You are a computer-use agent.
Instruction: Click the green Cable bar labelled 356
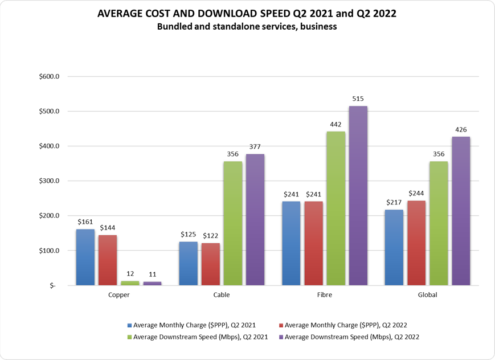(x=233, y=223)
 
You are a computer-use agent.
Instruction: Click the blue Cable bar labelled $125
(x=189, y=263)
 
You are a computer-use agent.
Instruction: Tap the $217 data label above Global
(x=394, y=203)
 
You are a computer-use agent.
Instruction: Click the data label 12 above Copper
(x=130, y=274)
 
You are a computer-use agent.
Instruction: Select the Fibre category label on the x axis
(x=324, y=295)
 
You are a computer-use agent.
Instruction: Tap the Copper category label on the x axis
(x=119, y=295)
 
